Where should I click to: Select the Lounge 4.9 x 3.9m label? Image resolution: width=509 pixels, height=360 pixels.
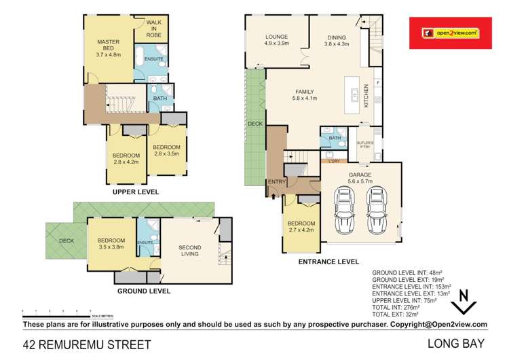277,40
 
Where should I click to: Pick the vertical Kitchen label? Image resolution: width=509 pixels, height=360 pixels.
366,95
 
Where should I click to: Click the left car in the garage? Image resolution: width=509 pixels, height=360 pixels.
344,209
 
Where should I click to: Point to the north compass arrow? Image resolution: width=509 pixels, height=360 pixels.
464,302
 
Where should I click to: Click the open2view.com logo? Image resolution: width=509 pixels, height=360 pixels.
451,32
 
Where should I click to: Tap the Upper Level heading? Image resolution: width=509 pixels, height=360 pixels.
136,192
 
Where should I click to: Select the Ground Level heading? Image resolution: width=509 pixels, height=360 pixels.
144,291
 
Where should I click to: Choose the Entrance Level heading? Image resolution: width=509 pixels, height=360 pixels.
328,262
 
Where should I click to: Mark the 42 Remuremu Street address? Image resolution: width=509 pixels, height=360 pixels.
87,344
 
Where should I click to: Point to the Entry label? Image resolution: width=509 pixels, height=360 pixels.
277,181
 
